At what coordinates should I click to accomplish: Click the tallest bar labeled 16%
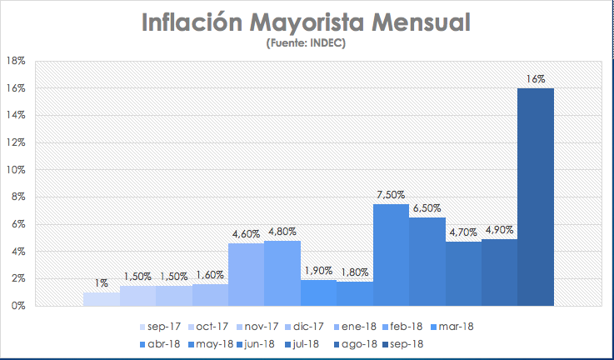pos(536,197)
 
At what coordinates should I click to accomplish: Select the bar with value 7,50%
pos(391,255)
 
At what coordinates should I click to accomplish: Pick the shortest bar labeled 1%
pos(102,299)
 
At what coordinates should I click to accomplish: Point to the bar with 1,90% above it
pos(318,292)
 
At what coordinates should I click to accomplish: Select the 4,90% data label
pos(499,231)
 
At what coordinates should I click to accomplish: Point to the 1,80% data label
pos(354,272)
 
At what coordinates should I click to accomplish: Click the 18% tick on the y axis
pos(16,61)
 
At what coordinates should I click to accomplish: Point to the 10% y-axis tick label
pos(16,170)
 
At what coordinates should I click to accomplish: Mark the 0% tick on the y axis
pos(18,306)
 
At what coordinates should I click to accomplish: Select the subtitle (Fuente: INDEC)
pos(306,43)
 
